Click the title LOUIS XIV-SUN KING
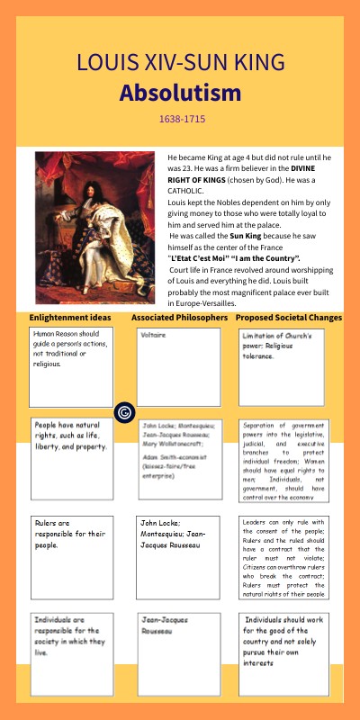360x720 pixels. tap(180, 63)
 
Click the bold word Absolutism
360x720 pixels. tap(180, 94)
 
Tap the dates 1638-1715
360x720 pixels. tap(181, 119)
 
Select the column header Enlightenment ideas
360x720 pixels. tap(70, 318)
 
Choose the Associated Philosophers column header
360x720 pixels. tap(180, 318)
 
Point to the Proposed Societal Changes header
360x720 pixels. tap(289, 318)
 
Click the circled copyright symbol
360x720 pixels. tap(125, 412)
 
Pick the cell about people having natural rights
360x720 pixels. tap(70, 457)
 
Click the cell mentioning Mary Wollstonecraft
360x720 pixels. tap(178, 457)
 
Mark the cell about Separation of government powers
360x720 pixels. tap(288, 457)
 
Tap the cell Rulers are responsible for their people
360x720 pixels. tap(70, 556)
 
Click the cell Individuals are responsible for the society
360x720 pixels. tap(70, 652)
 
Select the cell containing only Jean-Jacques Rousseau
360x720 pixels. tap(178, 652)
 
